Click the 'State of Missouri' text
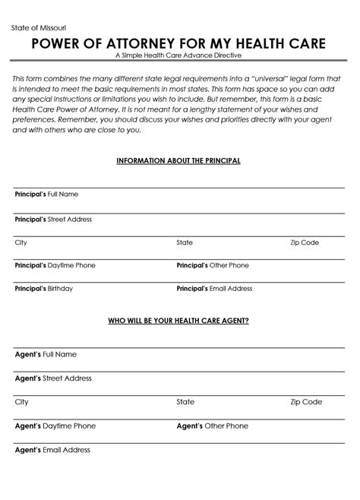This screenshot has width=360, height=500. (x=39, y=28)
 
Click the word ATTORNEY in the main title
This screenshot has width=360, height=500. (x=150, y=45)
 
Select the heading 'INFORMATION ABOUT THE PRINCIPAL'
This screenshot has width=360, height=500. (x=178, y=161)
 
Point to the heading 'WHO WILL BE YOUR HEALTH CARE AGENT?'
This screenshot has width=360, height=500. (x=178, y=321)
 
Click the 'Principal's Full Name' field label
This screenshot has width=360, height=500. (x=46, y=195)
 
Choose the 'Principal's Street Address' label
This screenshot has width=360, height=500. (x=53, y=219)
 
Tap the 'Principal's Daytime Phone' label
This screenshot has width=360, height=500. (x=55, y=266)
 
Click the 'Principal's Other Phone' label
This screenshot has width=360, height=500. (x=213, y=266)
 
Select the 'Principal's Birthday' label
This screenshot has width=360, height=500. (x=44, y=289)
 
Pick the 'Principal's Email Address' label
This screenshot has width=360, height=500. (x=214, y=289)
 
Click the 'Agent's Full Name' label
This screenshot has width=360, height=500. (x=46, y=354)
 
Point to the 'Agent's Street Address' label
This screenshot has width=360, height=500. (x=53, y=378)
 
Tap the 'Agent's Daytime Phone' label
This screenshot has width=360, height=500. (x=55, y=426)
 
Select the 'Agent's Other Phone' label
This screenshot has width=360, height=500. (x=213, y=426)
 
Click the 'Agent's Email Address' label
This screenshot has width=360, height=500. (x=52, y=450)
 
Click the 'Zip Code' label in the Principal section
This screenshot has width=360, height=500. (x=305, y=242)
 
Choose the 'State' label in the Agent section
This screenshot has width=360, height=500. (x=185, y=402)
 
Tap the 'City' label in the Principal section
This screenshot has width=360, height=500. (x=21, y=242)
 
